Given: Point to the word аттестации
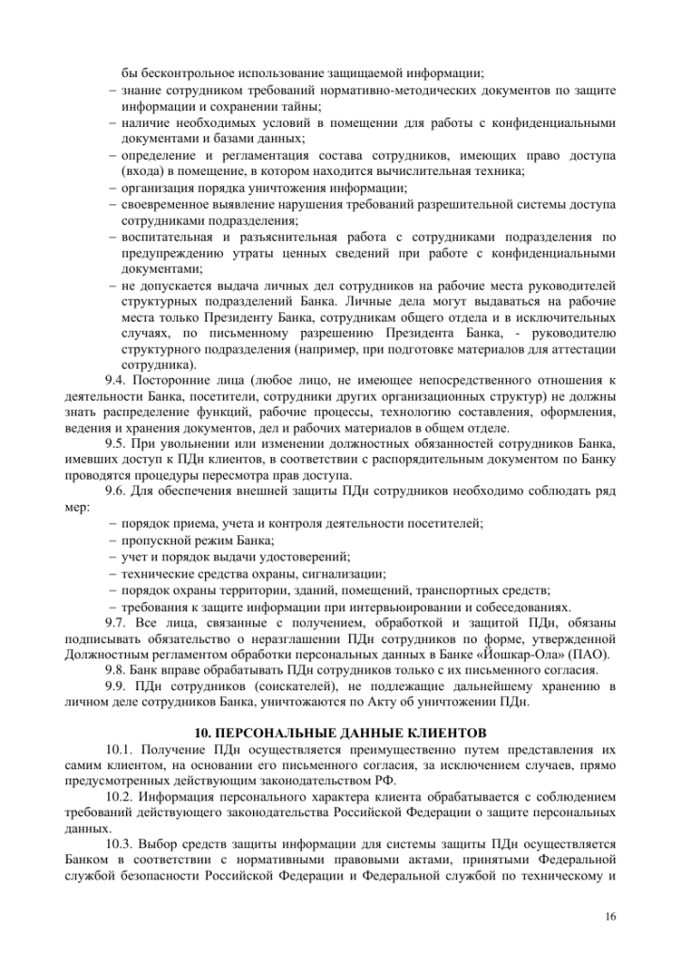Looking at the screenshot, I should coord(583,348).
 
